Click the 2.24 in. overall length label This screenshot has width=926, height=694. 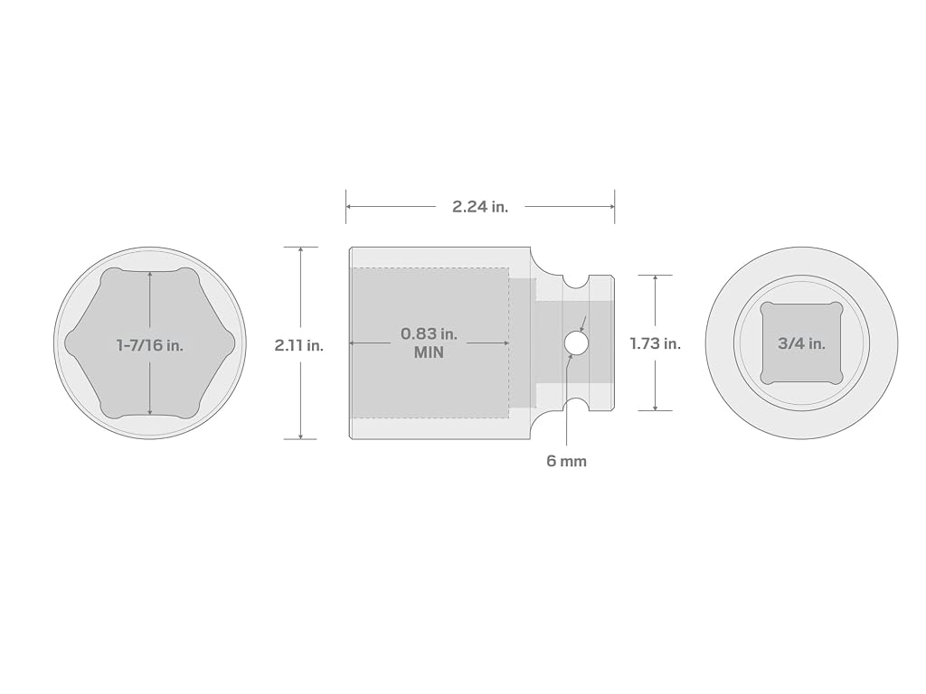480,207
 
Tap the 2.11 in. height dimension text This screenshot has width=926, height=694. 298,345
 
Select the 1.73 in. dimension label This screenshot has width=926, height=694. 656,343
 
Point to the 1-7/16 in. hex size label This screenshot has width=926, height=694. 150,345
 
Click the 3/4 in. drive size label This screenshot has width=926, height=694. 801,343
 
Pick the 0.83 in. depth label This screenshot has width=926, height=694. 430,334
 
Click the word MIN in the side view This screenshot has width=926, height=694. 430,353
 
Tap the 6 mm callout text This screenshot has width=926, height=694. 566,461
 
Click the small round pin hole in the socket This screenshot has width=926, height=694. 575,342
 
